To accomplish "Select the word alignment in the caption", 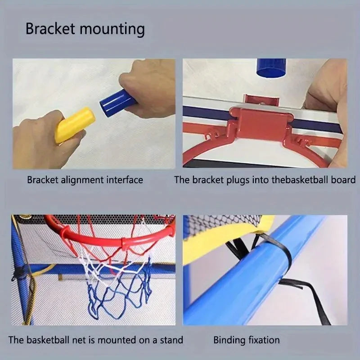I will pyautogui.click(x=81, y=180).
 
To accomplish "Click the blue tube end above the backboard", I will pyautogui.click(x=271, y=68).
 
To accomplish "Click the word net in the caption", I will pyautogui.click(x=70, y=340).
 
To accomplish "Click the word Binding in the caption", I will pyautogui.click(x=228, y=340).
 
